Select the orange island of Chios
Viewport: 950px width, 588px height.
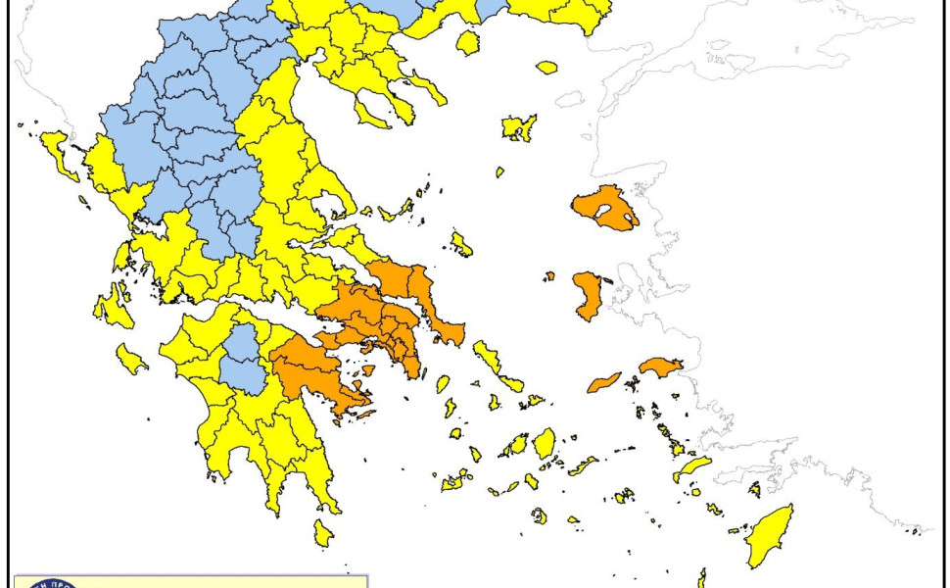pyautogui.click(x=588, y=295)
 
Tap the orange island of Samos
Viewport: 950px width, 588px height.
pyautogui.click(x=661, y=367)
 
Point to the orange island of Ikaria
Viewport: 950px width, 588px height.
pyautogui.click(x=603, y=382)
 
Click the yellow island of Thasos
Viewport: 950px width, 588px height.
pyautogui.click(x=468, y=42)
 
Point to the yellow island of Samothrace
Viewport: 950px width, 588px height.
pyautogui.click(x=546, y=67)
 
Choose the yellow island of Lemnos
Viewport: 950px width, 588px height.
pyautogui.click(x=519, y=127)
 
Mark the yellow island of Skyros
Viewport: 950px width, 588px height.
pyautogui.click(x=461, y=243)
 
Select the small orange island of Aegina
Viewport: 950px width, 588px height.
pyautogui.click(x=368, y=371)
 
